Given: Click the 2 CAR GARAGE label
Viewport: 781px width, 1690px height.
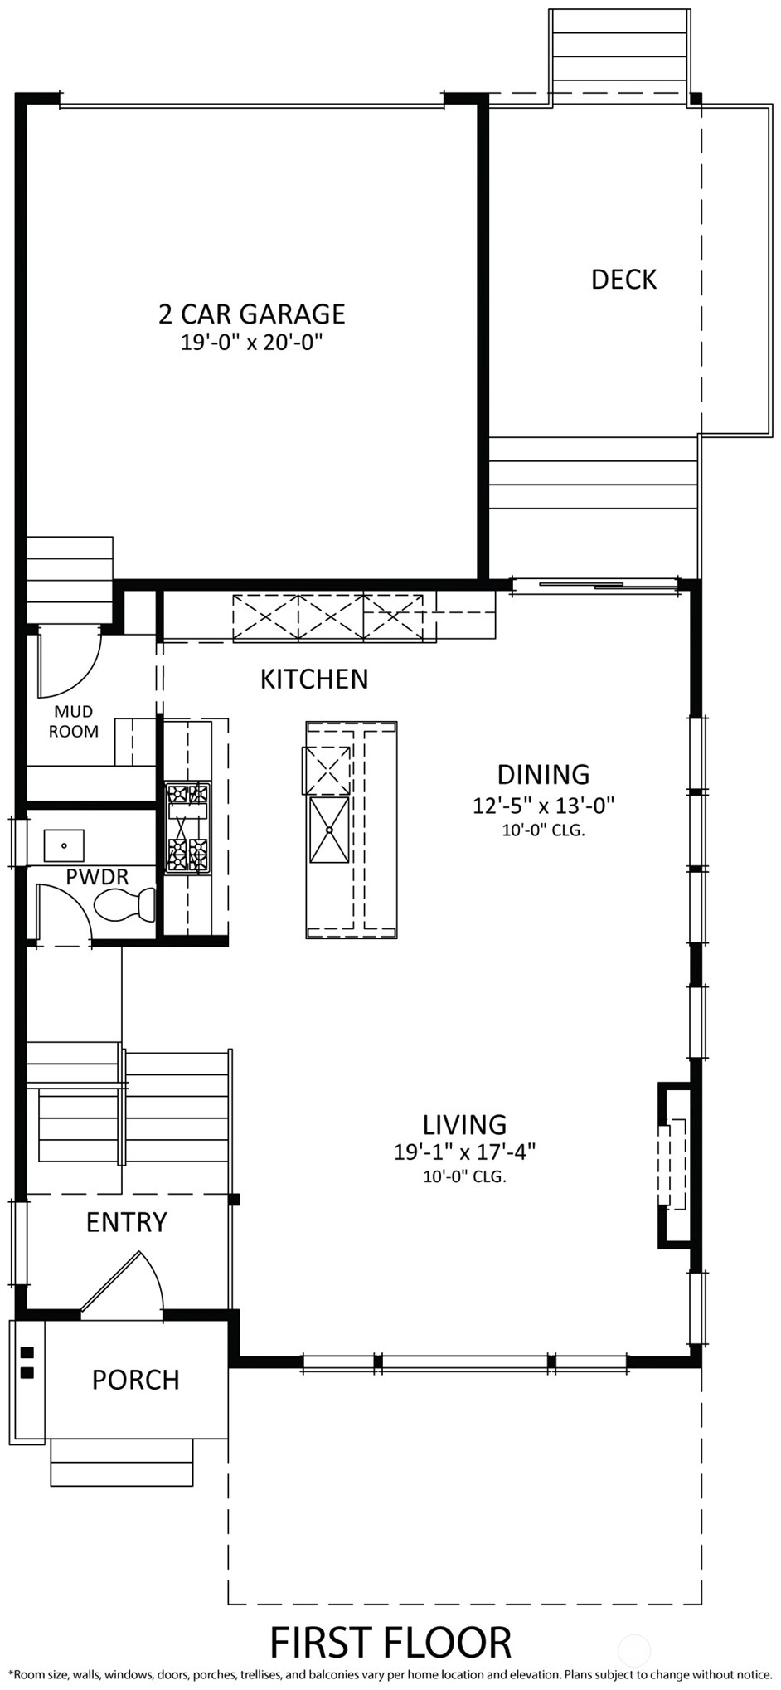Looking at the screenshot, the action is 251,314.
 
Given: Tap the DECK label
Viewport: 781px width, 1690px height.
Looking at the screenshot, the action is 623,280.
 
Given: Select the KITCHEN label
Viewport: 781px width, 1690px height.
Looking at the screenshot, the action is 314,679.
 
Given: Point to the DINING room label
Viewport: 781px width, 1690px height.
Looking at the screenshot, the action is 543,774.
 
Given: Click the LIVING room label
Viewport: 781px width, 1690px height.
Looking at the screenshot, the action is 464,1124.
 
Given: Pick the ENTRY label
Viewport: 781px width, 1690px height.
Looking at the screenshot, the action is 127,1222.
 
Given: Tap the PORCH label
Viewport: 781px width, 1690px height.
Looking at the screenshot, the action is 135,1380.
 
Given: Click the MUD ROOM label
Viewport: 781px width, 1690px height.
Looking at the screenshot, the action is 74,721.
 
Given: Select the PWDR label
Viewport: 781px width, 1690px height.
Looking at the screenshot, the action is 97,877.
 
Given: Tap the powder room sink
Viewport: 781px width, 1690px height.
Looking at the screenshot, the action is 64,845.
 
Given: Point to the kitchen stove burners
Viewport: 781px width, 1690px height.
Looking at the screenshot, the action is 187,828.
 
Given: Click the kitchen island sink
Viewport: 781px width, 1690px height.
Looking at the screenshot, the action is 329,830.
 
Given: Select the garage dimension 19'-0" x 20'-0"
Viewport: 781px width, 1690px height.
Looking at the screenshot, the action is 251,342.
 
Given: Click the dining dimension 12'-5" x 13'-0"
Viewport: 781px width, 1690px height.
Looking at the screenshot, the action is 543,806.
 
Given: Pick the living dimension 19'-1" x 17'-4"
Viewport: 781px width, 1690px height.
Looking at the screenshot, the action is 464,1152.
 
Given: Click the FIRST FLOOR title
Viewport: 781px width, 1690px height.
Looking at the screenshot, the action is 390,1642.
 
